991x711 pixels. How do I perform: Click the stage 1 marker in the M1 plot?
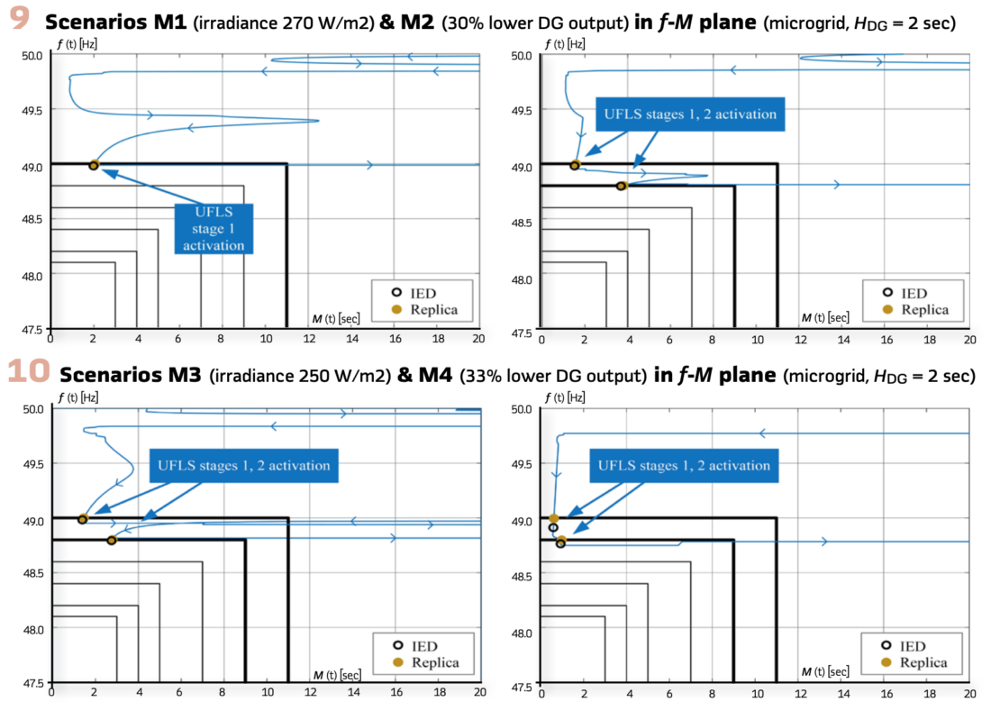pos(94,165)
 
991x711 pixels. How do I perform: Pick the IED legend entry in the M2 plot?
pos(914,293)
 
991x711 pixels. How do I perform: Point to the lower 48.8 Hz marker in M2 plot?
pos(621,186)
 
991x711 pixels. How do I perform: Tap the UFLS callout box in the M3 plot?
pos(243,466)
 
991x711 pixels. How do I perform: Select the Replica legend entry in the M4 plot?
pos(914,662)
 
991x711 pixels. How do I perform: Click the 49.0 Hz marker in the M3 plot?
pos(83,519)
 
